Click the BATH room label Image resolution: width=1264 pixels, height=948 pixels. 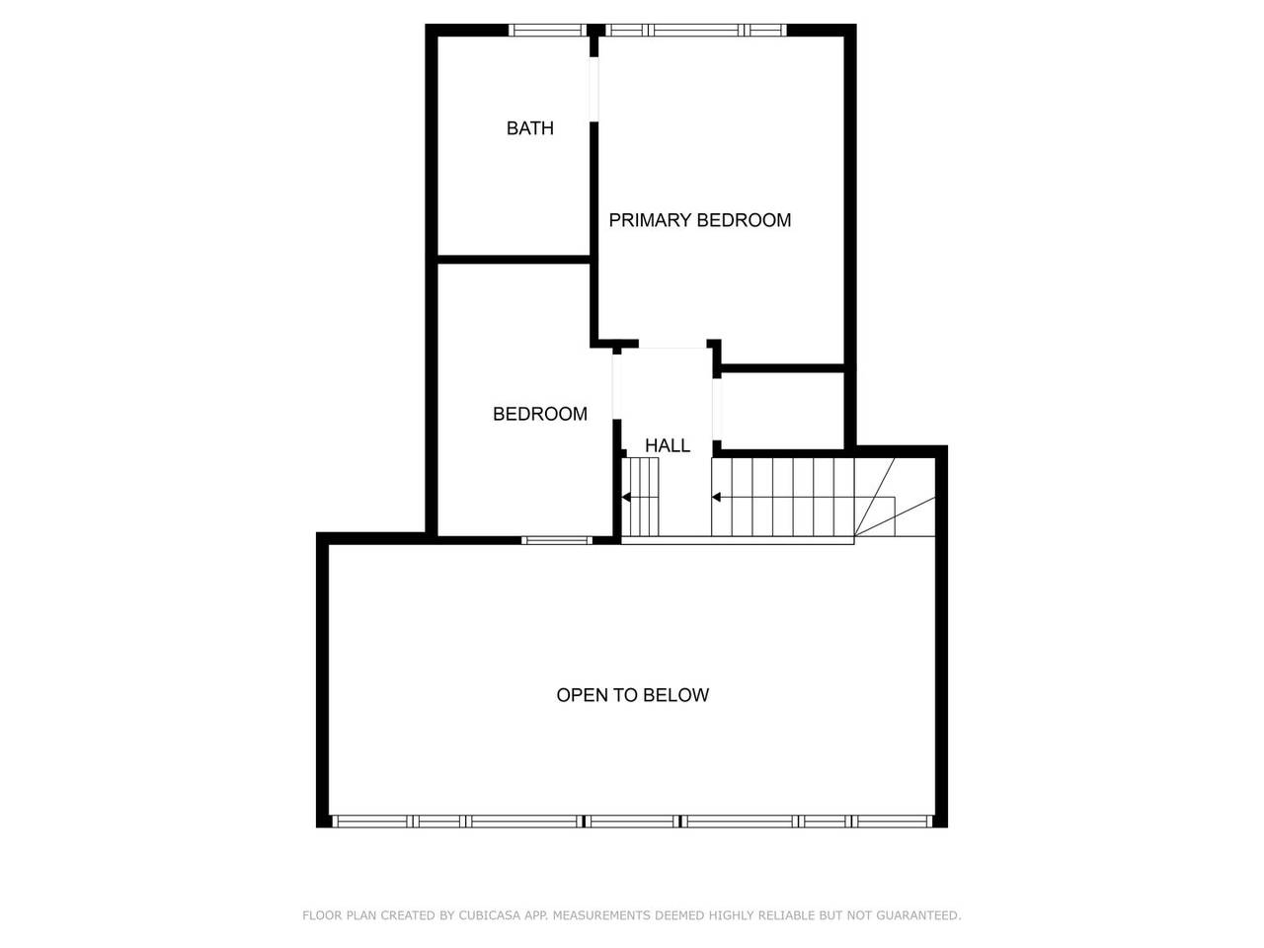click(x=529, y=128)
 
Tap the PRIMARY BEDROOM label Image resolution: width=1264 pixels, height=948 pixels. click(x=699, y=220)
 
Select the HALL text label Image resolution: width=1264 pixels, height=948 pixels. click(x=668, y=445)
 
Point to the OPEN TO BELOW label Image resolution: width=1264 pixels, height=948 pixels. click(x=632, y=695)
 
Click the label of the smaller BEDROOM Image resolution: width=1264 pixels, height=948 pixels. click(x=539, y=414)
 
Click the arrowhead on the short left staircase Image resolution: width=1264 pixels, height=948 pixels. click(x=626, y=498)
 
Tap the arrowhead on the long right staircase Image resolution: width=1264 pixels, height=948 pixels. click(x=717, y=498)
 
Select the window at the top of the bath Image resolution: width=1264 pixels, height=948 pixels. click(x=548, y=30)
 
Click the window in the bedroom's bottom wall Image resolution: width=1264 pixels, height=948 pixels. click(x=556, y=540)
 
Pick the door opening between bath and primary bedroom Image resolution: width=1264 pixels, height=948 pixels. click(x=594, y=89)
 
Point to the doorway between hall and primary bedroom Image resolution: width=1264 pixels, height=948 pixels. click(x=674, y=347)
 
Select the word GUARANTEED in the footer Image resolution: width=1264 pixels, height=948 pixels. click(x=916, y=915)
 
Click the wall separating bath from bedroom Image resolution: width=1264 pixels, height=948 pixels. click(x=513, y=260)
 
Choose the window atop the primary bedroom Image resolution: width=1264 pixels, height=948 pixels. click(x=697, y=30)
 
